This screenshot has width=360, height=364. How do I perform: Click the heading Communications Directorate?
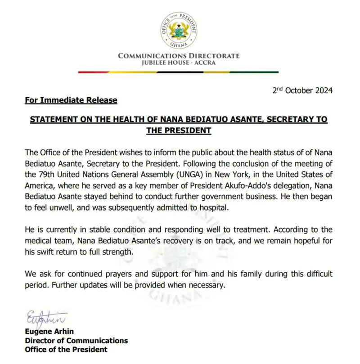pos(179,56)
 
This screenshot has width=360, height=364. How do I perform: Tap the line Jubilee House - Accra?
pos(179,63)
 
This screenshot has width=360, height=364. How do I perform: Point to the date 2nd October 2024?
pos(303,90)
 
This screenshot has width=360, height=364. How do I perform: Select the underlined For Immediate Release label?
pos(71,100)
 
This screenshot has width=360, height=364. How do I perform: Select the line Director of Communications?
pos(76,341)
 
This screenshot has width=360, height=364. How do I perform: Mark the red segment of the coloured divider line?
pos(94,72)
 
